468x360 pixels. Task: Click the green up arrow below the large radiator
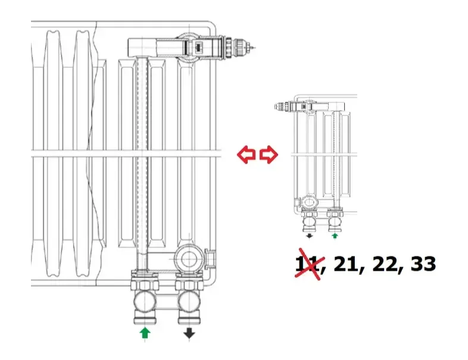pos(144,333)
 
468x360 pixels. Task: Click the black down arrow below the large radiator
pos(189,333)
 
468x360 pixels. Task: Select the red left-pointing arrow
pos(247,155)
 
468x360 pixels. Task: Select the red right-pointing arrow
pos(269,155)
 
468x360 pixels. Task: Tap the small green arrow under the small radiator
pos(335,236)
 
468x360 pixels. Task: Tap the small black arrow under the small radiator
pos(310,236)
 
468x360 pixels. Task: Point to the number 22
pos(385,264)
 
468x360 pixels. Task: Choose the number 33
pos(423,264)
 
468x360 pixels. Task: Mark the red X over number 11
pos(308,265)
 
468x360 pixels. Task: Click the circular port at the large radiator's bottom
pos(189,259)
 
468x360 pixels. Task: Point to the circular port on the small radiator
pos(310,202)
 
